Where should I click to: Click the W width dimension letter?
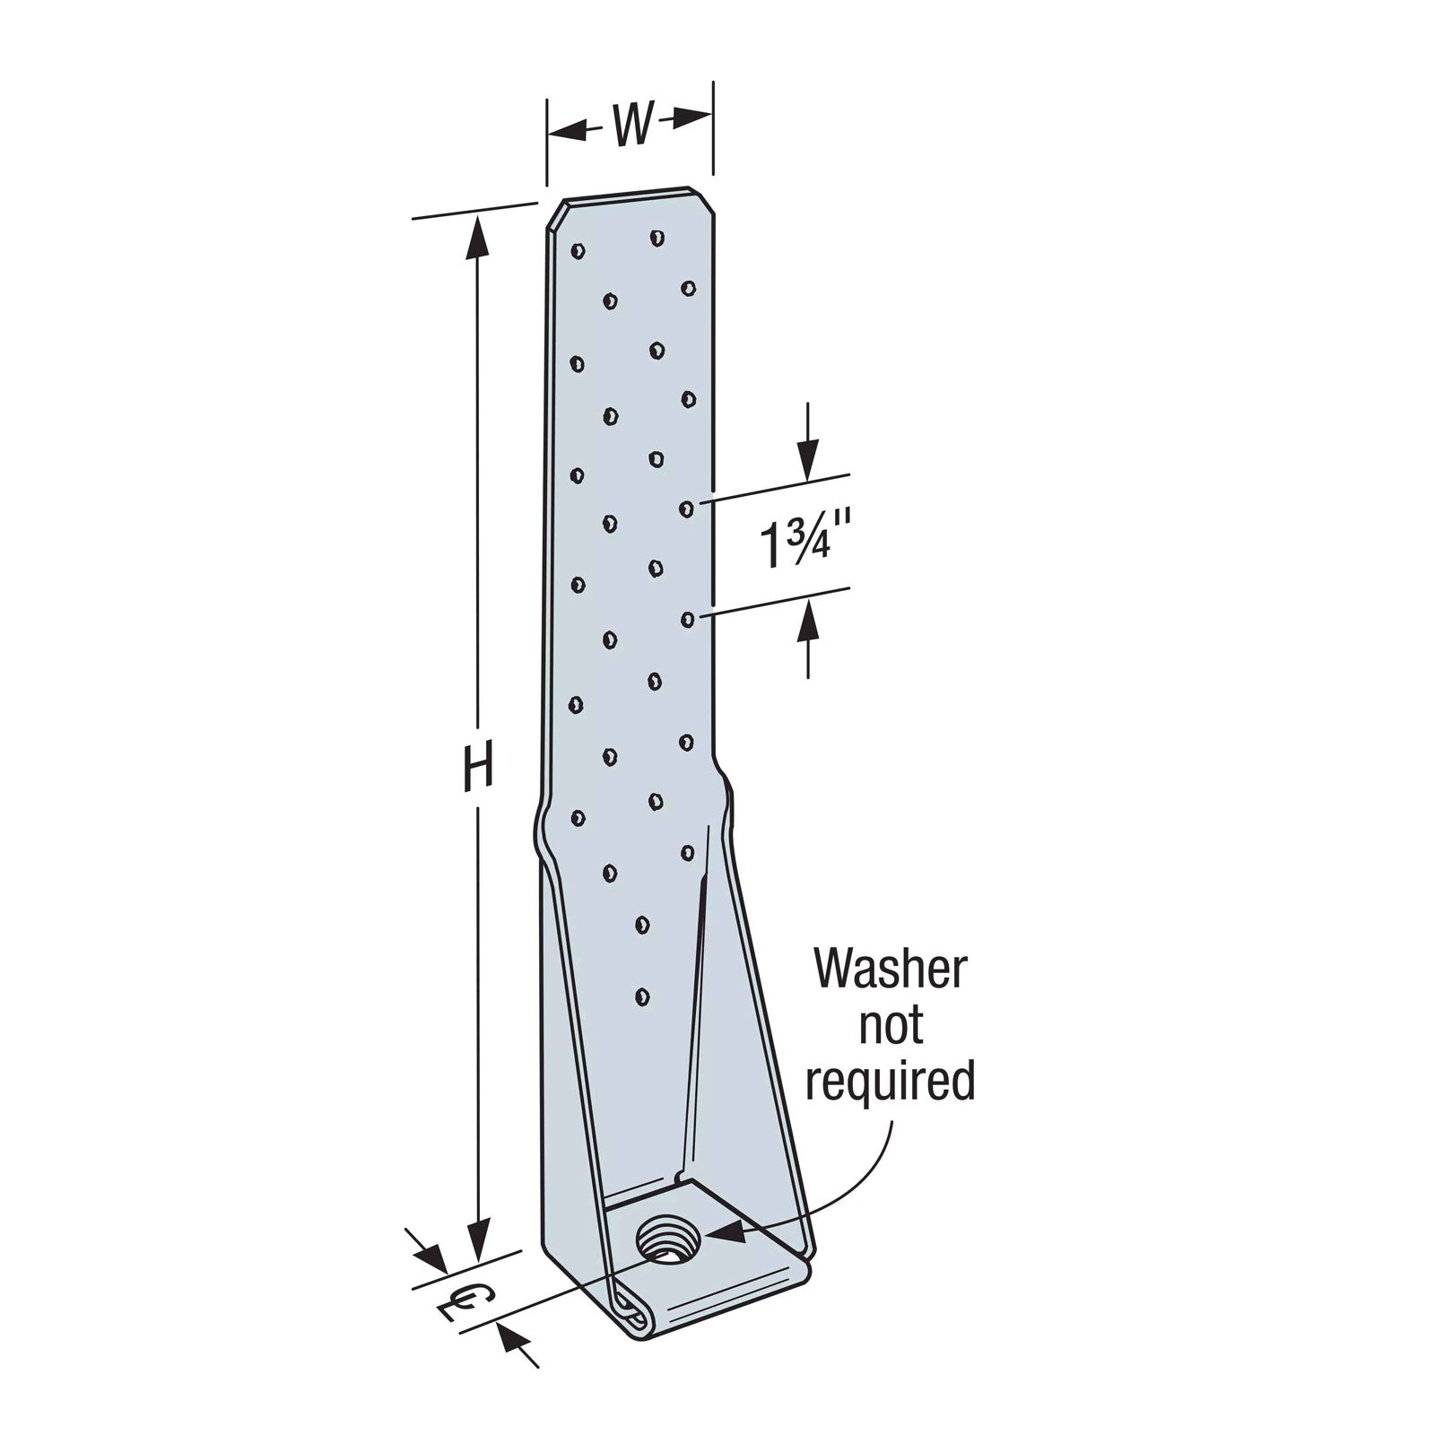631,126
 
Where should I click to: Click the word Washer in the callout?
890,970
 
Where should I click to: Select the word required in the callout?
890,1082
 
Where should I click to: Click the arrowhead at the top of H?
478,236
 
